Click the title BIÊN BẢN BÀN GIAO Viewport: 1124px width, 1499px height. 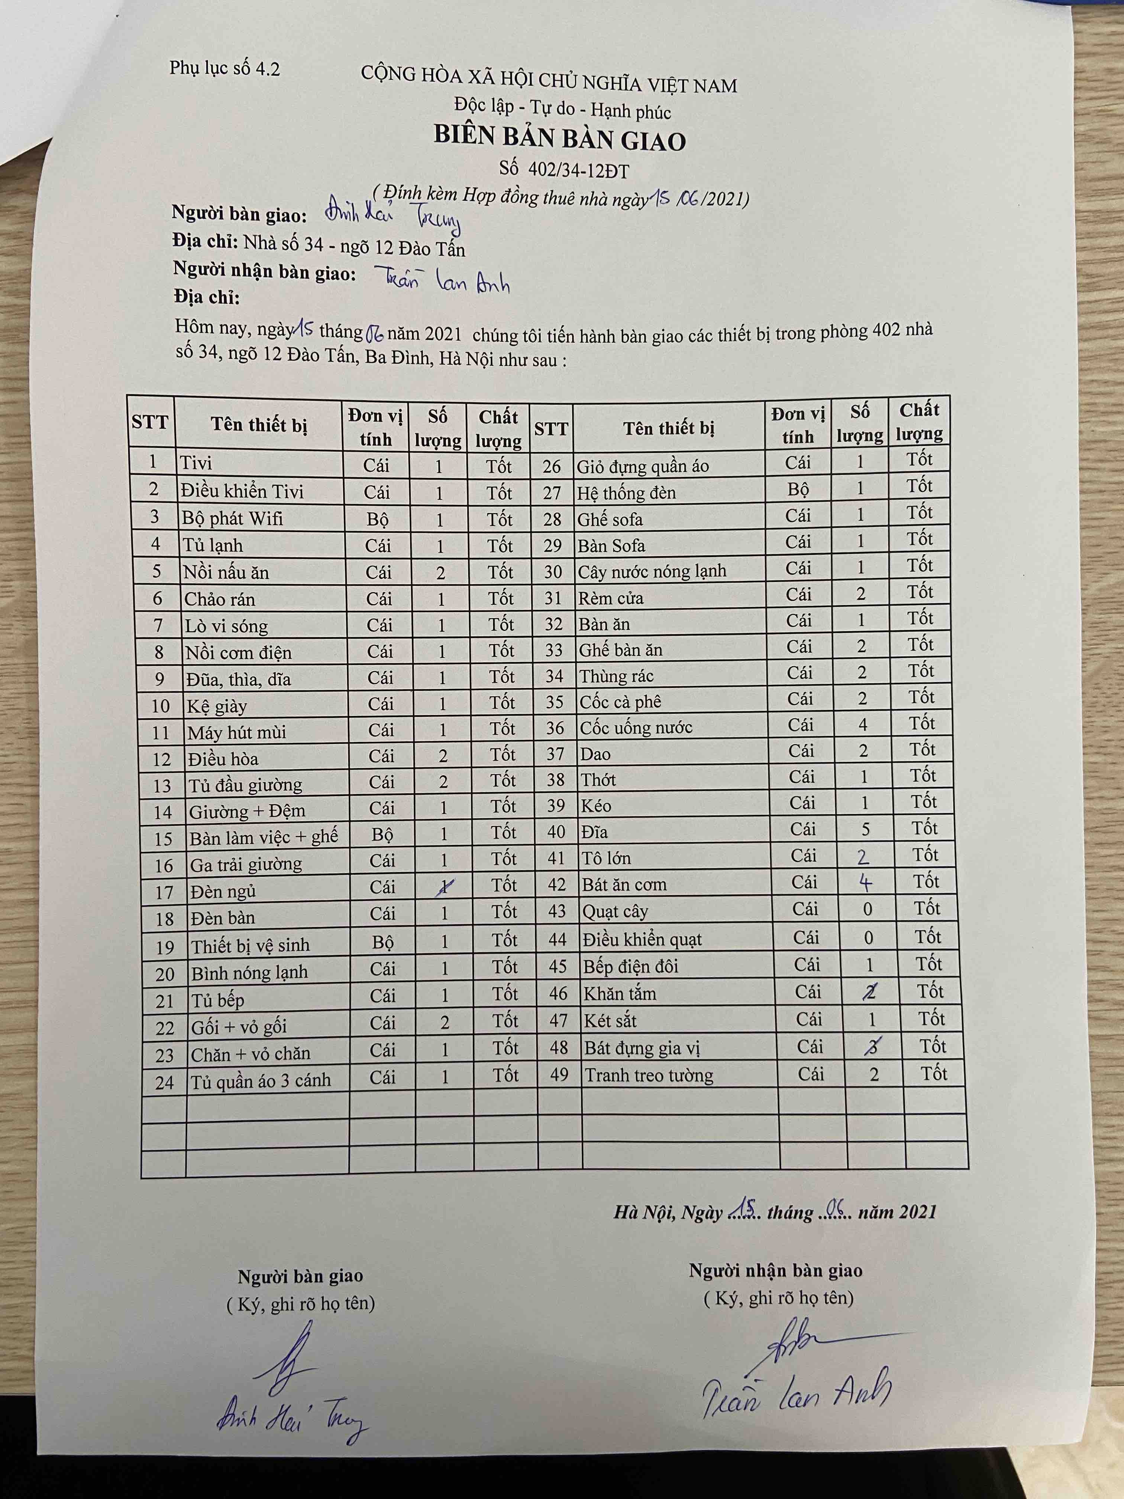click(x=560, y=139)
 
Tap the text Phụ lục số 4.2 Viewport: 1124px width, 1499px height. click(x=224, y=68)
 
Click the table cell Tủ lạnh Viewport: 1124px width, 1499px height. click(x=212, y=545)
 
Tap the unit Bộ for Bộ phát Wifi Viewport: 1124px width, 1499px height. click(x=377, y=519)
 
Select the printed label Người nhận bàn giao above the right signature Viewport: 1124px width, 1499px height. click(x=776, y=1271)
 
